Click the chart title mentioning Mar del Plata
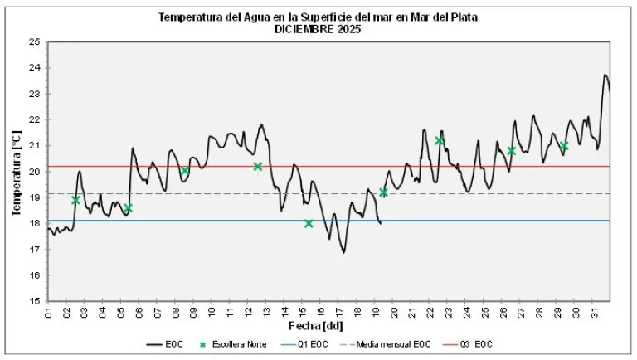point(319,17)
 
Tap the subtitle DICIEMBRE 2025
point(319,28)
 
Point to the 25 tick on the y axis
point(34,42)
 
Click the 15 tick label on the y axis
point(34,302)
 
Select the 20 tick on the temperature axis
point(34,172)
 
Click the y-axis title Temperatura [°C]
point(16,172)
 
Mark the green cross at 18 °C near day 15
point(309,223)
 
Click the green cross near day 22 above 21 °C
point(440,140)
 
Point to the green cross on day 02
point(76,200)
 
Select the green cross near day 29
point(564,146)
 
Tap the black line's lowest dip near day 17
point(343,252)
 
